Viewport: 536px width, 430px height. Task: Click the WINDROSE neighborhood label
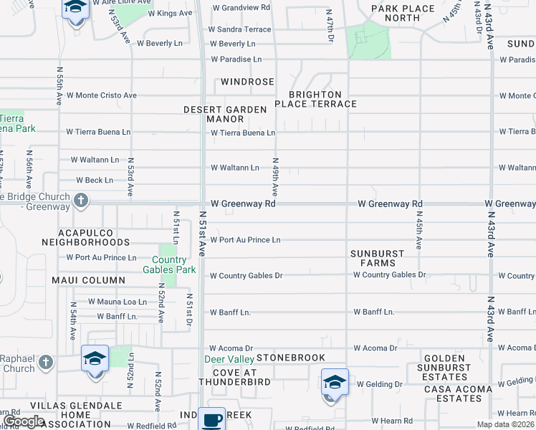tap(247, 82)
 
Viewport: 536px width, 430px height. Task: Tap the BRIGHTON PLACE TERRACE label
tap(322, 99)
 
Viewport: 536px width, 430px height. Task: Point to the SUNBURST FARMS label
tap(378, 258)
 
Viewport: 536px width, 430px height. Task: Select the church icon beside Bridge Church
tap(81, 201)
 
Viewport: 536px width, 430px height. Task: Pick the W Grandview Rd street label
tap(241, 8)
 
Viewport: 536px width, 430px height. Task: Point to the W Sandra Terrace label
tap(239, 29)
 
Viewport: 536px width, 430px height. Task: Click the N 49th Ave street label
tap(274, 177)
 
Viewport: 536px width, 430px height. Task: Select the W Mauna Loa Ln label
tap(118, 302)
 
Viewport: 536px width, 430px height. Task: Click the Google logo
tap(24, 421)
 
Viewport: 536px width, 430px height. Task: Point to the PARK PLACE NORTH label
tap(403, 13)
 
